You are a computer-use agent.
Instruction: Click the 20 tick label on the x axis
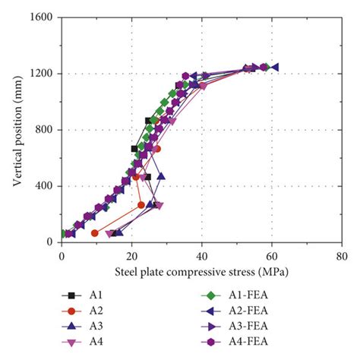click(x=131, y=256)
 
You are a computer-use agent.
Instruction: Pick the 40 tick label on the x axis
click(x=202, y=256)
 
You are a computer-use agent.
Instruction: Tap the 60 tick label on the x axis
click(x=272, y=256)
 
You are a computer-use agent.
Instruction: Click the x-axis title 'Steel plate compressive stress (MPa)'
click(x=201, y=270)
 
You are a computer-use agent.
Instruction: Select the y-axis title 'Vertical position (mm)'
click(x=17, y=129)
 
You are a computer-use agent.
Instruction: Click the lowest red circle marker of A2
click(x=95, y=233)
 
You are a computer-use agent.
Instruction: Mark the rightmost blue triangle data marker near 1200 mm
click(x=275, y=68)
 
